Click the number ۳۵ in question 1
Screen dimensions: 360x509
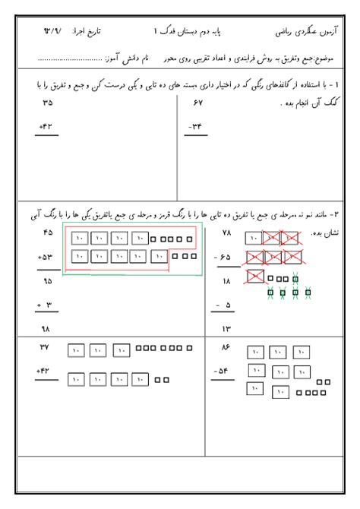tap(48, 102)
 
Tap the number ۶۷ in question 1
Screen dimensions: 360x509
tap(200, 102)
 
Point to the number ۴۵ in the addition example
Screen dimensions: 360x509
tap(48, 232)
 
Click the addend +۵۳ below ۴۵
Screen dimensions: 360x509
tap(46, 257)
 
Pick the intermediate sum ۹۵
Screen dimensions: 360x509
tap(48, 281)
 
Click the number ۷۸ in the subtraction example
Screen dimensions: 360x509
tap(226, 232)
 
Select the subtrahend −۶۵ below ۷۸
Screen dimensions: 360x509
tap(223, 257)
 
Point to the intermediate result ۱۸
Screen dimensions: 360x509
tap(226, 281)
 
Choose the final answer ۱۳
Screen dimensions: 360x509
tap(226, 329)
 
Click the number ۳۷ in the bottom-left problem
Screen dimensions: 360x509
tap(48, 346)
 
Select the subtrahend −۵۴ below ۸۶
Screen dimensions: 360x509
tap(223, 371)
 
